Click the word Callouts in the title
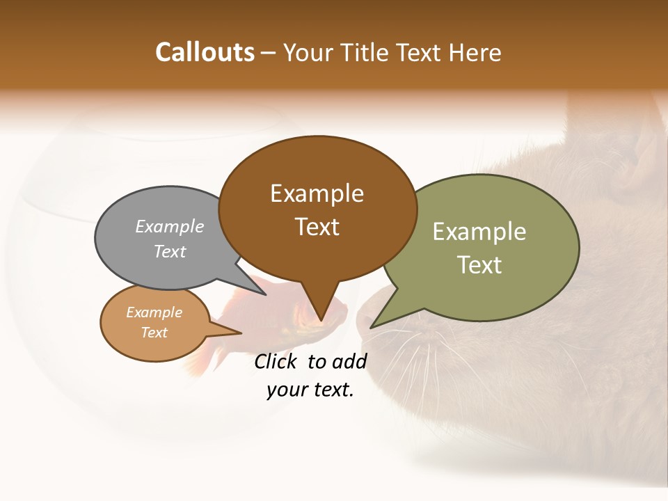point(205,52)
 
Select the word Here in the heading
point(475,52)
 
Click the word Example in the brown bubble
point(317,193)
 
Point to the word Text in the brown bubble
point(317,227)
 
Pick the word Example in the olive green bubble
point(479,232)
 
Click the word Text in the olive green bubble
point(479,265)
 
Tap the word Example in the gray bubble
point(170,226)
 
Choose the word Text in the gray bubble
point(170,251)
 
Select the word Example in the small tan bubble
point(154,312)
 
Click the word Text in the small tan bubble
point(154,333)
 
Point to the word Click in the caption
point(277,361)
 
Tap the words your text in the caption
point(310,390)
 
